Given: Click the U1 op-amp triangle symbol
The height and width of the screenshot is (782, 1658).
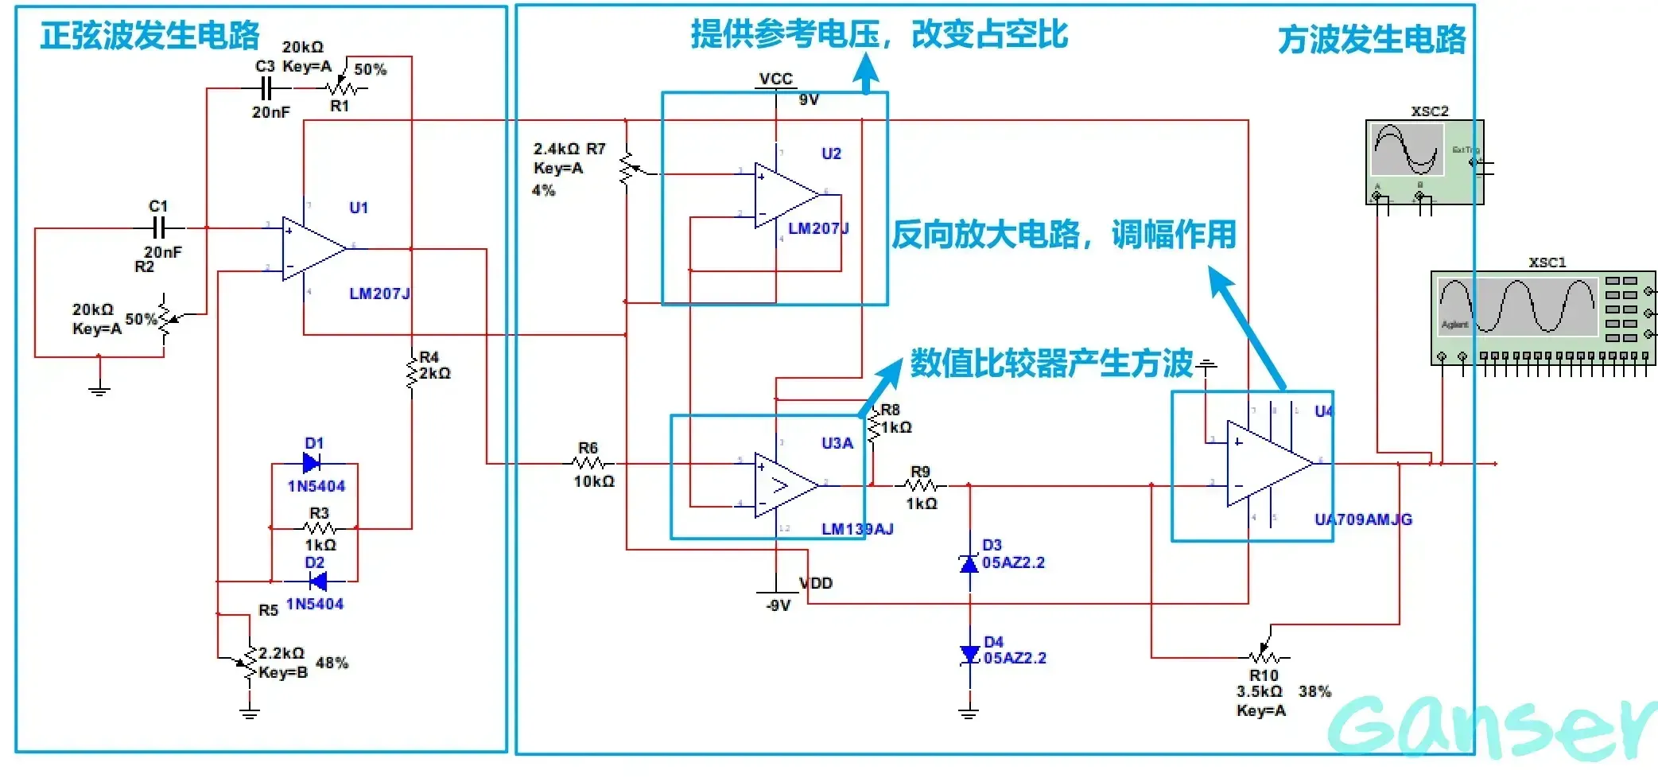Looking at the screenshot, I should click(312, 249).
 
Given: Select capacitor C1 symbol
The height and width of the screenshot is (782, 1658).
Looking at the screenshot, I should click(159, 228).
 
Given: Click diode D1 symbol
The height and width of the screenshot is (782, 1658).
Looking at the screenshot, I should click(313, 463).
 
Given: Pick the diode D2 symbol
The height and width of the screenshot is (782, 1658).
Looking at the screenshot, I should click(318, 582).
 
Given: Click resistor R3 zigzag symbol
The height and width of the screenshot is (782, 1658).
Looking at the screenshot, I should click(320, 527).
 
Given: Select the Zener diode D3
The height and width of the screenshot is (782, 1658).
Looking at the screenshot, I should click(969, 563).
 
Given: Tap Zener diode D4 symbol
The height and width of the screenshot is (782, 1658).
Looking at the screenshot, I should click(969, 656).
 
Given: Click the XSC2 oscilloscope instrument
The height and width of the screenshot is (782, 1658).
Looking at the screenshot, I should click(1423, 161).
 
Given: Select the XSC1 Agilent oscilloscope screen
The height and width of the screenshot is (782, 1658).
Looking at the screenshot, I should click(1517, 307).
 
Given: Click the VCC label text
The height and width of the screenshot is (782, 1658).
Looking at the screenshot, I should click(775, 79).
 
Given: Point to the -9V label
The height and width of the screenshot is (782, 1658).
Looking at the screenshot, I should click(778, 605).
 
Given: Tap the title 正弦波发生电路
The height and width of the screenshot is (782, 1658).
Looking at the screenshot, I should click(149, 35).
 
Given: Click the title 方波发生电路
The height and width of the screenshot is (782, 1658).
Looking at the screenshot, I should click(1371, 40).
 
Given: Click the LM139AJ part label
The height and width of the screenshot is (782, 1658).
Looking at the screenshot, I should click(856, 529).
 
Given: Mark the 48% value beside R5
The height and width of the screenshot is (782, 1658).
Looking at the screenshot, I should click(332, 663).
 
